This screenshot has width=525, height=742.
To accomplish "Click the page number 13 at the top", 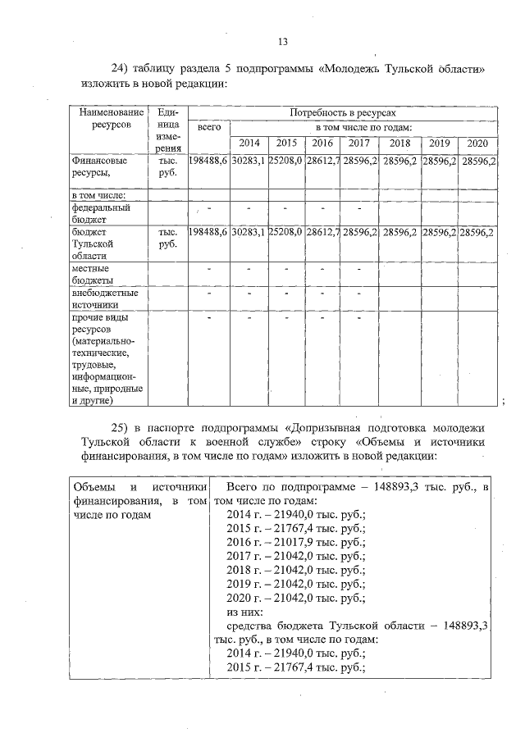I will [x=283, y=42].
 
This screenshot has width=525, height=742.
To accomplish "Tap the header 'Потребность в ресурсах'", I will [x=342, y=111].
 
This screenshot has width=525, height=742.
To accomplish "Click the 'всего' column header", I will [x=208, y=128].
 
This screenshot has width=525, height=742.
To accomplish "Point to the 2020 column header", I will [x=477, y=143].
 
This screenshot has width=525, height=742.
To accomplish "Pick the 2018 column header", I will [x=400, y=143].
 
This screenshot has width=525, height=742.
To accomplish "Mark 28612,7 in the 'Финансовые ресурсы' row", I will [x=323, y=162].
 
